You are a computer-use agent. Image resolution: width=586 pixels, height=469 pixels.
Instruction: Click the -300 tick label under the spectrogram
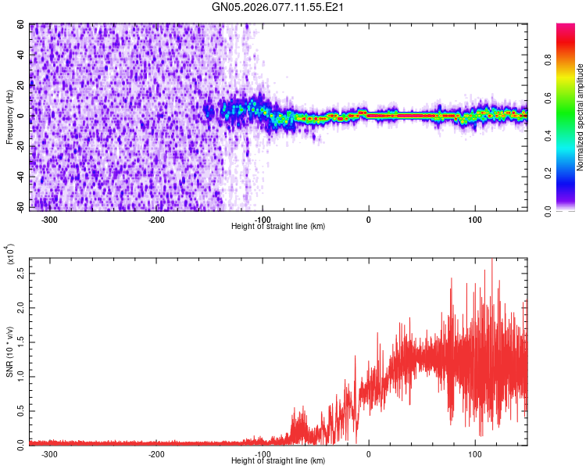tap(49, 219)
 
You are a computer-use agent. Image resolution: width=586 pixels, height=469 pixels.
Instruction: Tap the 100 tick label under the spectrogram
tap(474, 219)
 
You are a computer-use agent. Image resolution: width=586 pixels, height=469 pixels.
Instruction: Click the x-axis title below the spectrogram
tap(278, 227)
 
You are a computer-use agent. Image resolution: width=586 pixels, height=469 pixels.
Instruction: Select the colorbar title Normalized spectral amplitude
tap(581, 117)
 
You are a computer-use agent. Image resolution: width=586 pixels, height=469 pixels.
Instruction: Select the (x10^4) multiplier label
tap(9, 256)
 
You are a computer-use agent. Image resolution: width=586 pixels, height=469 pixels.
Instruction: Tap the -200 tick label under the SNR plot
tap(155, 453)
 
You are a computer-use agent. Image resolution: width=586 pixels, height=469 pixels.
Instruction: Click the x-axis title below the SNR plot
tap(278, 461)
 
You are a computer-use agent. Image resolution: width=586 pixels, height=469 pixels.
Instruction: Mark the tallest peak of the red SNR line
tap(491, 260)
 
